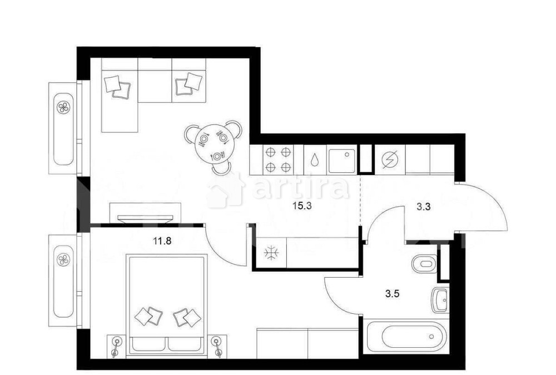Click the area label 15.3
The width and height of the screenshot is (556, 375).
(x=302, y=206)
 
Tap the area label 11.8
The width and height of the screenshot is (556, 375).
(x=162, y=241)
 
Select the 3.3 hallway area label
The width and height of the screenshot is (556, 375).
(x=423, y=206)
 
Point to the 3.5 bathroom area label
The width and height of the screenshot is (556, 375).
(x=392, y=293)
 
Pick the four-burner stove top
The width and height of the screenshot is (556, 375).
(x=278, y=160)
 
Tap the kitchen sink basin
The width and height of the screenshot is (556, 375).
(x=342, y=161)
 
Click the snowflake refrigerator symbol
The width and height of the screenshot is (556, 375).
(x=272, y=253)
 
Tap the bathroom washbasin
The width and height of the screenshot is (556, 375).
(x=440, y=300)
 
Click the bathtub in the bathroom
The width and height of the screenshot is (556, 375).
(x=406, y=336)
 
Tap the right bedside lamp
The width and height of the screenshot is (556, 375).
(x=217, y=345)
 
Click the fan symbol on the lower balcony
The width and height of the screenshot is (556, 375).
(x=64, y=259)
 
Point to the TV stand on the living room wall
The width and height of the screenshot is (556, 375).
(x=145, y=213)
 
